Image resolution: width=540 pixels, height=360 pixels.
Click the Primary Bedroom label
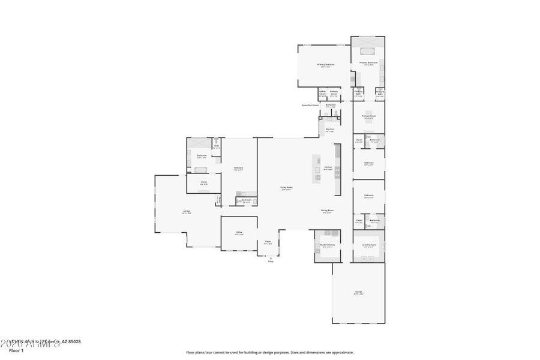tap(326, 65)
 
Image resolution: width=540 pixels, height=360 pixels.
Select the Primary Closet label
tap(368, 116)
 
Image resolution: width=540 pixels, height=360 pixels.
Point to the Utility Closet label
tap(322, 93)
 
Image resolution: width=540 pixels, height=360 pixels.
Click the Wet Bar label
tap(329, 130)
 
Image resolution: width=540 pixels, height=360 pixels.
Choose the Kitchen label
tap(328, 168)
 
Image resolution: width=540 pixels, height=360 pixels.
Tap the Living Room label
tap(286, 188)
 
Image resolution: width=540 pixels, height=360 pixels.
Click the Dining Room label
tap(327, 211)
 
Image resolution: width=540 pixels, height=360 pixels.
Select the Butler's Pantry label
tap(327, 245)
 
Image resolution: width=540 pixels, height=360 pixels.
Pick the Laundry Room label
tap(368, 245)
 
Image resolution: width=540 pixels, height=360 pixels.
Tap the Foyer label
tap(268, 242)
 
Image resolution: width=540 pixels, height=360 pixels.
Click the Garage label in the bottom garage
tap(358, 293)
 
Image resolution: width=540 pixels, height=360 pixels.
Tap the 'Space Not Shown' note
tap(310, 105)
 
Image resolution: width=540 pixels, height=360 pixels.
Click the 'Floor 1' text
tap(16, 350)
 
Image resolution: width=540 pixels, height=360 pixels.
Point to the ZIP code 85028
tap(74, 342)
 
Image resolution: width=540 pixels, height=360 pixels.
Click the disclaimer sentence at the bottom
tap(269, 353)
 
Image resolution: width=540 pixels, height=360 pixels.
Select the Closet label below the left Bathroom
tap(203, 182)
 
